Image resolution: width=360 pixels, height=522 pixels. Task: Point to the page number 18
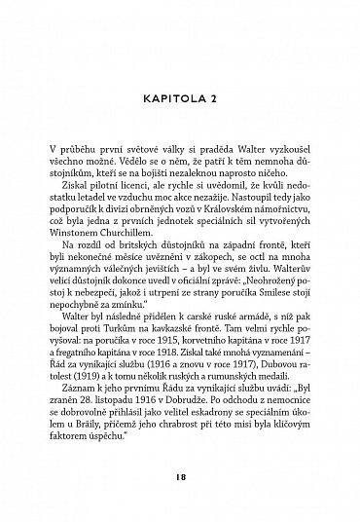[181, 479]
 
